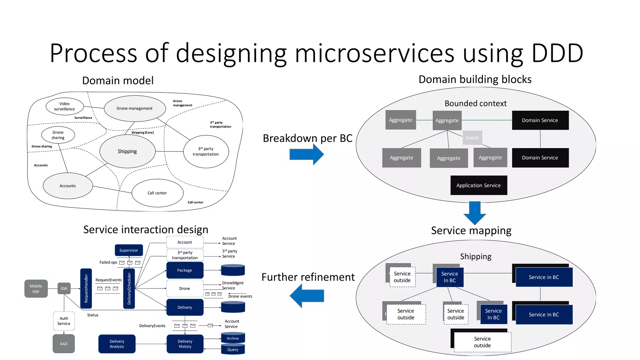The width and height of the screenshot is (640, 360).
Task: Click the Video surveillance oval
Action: point(65,107)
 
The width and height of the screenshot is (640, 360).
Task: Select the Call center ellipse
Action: point(157,193)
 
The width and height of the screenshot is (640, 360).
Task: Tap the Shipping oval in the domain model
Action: point(127,151)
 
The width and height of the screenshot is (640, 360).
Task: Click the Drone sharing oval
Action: point(58,135)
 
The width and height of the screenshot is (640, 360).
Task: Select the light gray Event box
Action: point(472,138)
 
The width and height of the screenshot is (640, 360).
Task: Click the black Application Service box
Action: point(478,185)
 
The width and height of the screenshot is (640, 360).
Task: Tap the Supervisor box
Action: point(128,250)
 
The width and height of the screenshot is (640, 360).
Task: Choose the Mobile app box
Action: point(36,288)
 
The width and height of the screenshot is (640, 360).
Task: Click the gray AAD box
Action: point(63,344)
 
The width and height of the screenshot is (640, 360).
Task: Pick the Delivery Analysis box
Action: point(117,344)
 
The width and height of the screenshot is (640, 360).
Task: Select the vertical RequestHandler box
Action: point(86,288)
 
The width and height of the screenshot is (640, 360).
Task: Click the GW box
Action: point(64,288)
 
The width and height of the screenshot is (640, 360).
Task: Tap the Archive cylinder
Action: point(233,338)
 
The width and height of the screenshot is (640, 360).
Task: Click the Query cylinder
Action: point(233,349)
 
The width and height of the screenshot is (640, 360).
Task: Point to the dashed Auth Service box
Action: point(64,321)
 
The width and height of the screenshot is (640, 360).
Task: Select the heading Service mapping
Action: point(471,231)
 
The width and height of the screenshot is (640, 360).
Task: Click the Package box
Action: point(185,270)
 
